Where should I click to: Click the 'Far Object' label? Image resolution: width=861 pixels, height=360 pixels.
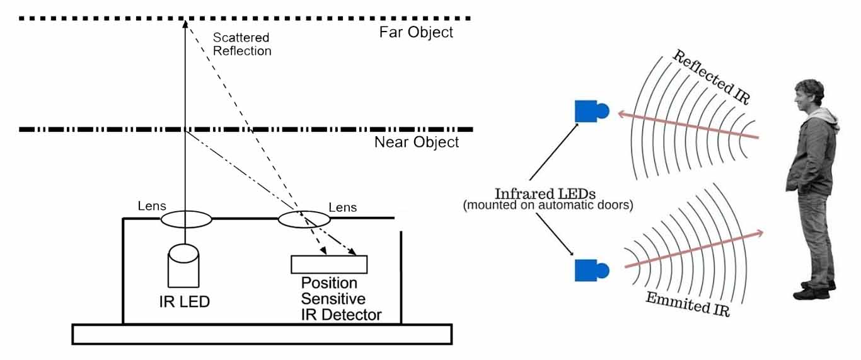coord(416,32)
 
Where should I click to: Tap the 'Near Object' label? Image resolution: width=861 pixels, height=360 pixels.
coord(417,142)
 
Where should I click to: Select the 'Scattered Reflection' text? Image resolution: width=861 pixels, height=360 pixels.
coord(242,44)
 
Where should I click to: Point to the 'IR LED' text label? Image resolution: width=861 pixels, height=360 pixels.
coord(183,302)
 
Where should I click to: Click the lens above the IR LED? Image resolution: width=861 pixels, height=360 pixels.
coord(186,219)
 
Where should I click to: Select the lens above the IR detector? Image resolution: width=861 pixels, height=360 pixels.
coord(304,219)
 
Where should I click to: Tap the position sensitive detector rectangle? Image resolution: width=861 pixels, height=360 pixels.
coord(328,264)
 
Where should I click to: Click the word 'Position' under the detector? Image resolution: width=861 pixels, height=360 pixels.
coord(329,283)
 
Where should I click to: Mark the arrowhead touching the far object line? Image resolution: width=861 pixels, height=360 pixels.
coord(185,24)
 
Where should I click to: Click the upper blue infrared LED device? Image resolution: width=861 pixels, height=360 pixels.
coord(591,112)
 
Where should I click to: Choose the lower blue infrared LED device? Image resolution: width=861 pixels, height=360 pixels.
coord(591,270)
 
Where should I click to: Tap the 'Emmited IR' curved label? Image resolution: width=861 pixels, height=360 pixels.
coord(687,304)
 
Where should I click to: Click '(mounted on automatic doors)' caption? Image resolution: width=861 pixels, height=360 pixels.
coord(547,206)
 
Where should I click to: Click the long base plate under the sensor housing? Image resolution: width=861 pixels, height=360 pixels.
coord(262,334)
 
